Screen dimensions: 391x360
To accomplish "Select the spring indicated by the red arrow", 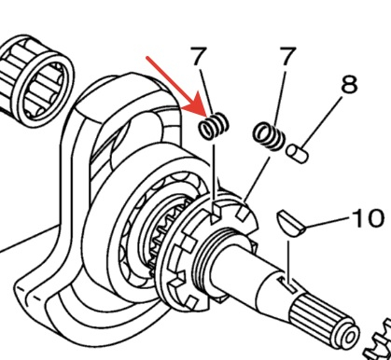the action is [214, 126].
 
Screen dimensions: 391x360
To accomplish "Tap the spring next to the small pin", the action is [269, 136].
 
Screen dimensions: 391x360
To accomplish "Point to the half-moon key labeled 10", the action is [290, 223].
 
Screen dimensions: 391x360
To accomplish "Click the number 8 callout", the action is [349, 84].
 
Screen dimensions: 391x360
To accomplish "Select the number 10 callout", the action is [367, 217].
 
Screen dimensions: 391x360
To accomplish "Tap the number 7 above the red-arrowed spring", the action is [198, 56].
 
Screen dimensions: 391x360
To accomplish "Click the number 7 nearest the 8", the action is [286, 56].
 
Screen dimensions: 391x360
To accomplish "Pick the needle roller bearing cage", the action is [35, 81].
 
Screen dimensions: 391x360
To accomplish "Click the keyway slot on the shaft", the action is [287, 284].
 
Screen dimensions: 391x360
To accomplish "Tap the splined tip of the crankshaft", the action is [324, 320].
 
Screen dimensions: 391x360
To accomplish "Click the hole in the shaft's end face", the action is [348, 337].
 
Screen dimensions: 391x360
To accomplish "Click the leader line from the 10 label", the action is [328, 223].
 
